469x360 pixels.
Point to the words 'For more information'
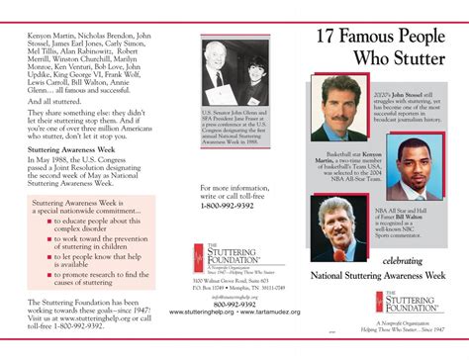tap(230, 215)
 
